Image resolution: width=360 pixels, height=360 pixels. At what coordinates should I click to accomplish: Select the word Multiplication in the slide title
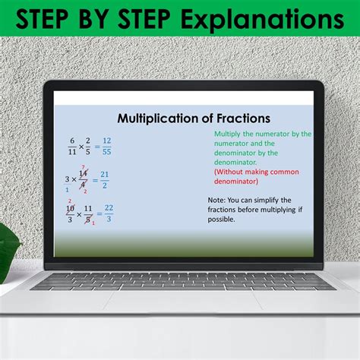pos(159,118)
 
